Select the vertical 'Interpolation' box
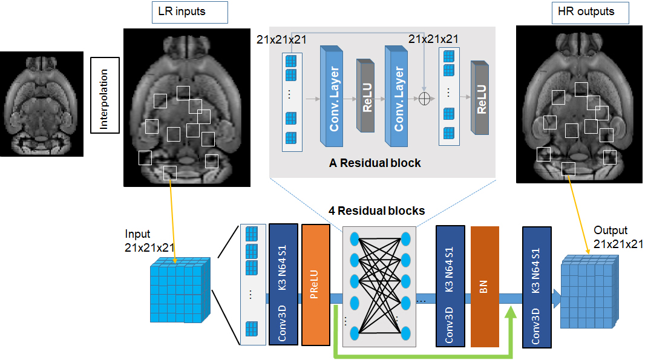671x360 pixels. (x=105, y=96)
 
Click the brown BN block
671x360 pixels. (x=485, y=287)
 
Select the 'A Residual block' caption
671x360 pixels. (x=375, y=163)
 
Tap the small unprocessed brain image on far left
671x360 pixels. (x=42, y=104)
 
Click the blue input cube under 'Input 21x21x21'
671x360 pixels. (x=180, y=290)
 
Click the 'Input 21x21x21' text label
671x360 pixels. (x=148, y=240)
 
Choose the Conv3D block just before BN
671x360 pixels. (x=450, y=286)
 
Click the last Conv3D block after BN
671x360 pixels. (x=537, y=287)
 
